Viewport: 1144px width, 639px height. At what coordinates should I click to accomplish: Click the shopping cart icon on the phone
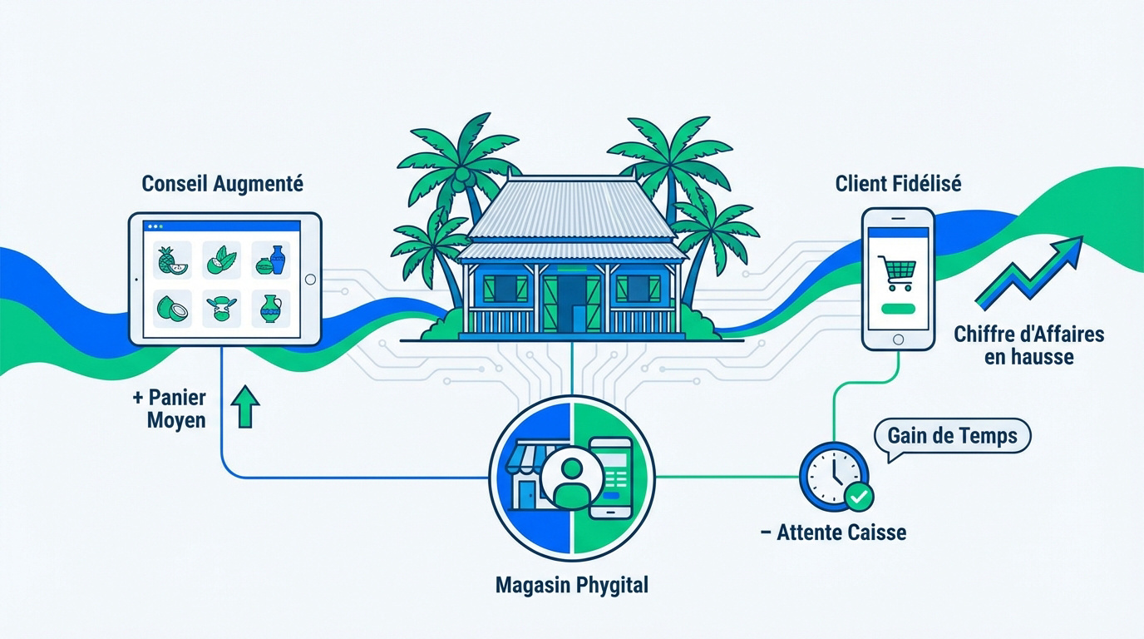point(898,273)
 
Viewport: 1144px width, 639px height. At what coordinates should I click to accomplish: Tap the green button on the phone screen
point(898,310)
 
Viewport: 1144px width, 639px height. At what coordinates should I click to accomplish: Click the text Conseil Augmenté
point(222,184)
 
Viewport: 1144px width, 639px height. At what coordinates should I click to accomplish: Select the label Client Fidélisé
point(898,184)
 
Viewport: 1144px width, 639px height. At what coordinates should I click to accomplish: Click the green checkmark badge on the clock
point(859,497)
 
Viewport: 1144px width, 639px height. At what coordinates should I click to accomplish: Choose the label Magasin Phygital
point(571,585)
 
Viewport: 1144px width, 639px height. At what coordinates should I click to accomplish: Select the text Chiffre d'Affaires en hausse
point(1029,345)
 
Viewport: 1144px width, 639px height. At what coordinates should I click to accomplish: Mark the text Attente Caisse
point(841,532)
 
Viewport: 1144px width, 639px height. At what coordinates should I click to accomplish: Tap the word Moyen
point(176,420)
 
